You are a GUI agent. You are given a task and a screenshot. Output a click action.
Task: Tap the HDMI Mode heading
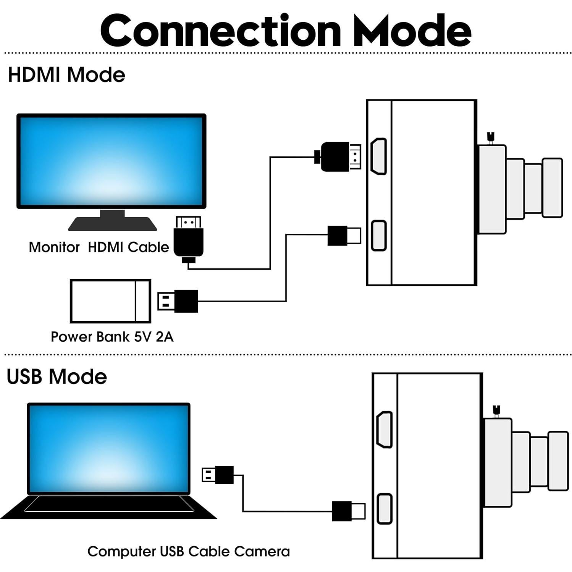(66, 74)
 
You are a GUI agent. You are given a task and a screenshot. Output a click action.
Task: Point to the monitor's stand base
(112, 223)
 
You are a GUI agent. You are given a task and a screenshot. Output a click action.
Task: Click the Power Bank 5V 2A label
(112, 337)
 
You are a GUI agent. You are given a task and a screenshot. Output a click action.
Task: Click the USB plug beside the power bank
(178, 301)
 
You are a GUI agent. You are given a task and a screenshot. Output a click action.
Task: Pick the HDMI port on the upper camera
(379, 157)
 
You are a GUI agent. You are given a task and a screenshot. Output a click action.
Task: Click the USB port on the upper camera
(379, 236)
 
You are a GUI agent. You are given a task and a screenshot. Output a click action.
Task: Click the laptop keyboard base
(109, 506)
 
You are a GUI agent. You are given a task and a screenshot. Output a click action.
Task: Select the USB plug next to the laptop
(218, 475)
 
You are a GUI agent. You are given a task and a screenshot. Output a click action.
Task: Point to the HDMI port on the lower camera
(385, 430)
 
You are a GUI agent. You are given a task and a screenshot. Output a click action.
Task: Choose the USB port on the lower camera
(385, 509)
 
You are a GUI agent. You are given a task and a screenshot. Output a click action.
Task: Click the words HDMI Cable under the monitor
(128, 247)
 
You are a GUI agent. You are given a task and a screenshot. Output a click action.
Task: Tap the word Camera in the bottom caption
(262, 551)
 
